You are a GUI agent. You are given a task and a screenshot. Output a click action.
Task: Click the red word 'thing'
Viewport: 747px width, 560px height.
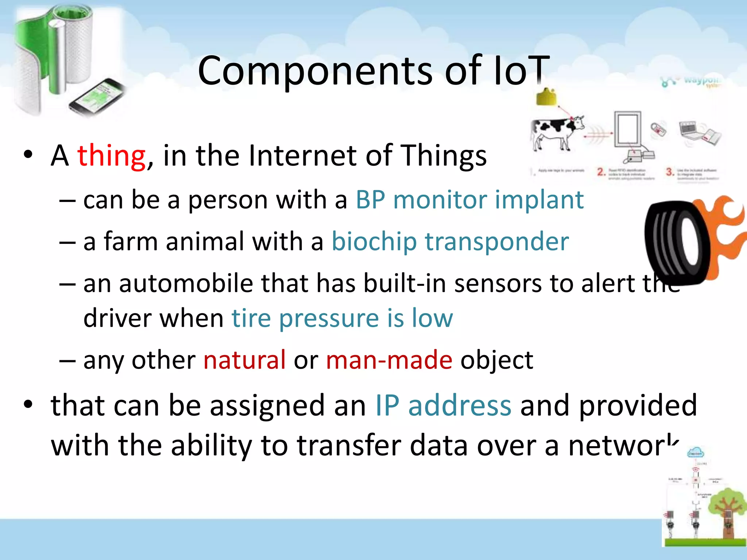[111, 156]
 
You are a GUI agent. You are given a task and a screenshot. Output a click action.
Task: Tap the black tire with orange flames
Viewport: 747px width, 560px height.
[678, 242]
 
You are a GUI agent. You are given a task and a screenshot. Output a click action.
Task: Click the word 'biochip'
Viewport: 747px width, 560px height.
[374, 242]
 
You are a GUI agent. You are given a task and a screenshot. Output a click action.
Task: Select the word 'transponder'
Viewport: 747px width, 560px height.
[497, 242]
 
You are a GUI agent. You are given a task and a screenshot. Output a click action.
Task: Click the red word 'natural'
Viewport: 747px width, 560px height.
[244, 360]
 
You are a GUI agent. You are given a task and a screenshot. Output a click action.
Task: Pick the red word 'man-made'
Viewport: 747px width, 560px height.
[389, 360]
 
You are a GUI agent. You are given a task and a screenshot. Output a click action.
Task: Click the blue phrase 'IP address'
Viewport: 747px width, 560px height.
[443, 405]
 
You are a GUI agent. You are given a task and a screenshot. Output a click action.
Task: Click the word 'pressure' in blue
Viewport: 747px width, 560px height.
[329, 318]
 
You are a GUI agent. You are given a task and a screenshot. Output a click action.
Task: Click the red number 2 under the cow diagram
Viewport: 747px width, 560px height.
[601, 171]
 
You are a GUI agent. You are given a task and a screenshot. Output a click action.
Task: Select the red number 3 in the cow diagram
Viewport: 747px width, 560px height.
[669, 171]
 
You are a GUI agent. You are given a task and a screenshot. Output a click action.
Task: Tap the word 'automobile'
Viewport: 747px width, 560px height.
[186, 283]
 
